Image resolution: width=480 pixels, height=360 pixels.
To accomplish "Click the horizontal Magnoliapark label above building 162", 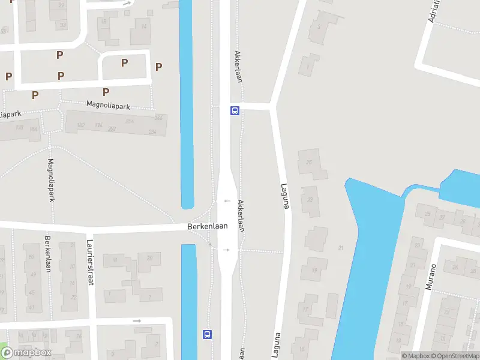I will tap(108, 106).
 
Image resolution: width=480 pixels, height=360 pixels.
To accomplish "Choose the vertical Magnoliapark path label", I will tap(52, 180).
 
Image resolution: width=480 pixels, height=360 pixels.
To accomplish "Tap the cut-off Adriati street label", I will tap(434, 11).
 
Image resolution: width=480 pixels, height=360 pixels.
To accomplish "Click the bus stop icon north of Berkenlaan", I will tap(235, 110).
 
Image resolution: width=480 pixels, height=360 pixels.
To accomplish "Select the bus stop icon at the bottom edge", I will tap(208, 335).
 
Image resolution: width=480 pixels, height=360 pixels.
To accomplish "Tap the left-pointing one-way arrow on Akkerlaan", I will tap(227, 201).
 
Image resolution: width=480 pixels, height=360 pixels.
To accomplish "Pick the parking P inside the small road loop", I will tap(124, 62).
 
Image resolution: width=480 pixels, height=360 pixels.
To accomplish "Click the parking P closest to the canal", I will tap(158, 67).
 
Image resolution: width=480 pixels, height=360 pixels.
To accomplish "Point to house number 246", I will tap(158, 118).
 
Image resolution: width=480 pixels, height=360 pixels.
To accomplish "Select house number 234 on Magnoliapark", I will tap(152, 132).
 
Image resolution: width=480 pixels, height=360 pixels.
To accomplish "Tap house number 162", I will tap(81, 125).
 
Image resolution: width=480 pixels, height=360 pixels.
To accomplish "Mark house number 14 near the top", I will tap(143, 26).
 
